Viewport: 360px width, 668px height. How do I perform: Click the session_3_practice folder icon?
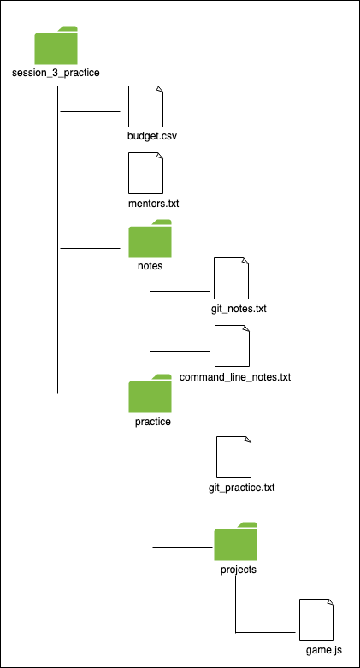pos(56,45)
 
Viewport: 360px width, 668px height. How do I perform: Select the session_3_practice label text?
pos(56,73)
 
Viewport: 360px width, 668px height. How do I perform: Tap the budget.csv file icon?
pos(145,106)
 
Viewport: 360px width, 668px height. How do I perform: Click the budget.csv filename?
pos(152,136)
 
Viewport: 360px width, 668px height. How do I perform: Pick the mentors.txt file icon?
pos(145,173)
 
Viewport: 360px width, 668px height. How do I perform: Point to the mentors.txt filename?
pos(153,204)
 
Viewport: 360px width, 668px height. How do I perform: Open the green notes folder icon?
pos(150,239)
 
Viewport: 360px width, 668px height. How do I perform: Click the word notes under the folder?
pos(150,266)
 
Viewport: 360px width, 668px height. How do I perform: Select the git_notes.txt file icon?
pos(232,278)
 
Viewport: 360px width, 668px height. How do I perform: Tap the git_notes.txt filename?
pos(239,309)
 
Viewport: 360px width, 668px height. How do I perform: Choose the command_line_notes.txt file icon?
pos(232,346)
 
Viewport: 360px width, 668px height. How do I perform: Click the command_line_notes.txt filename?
pos(235,377)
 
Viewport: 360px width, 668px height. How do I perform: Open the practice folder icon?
pos(150,393)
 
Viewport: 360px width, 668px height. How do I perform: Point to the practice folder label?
pos(153,422)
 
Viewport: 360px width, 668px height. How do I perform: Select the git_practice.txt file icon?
pos(233,457)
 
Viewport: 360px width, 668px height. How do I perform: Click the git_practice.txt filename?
pos(241,488)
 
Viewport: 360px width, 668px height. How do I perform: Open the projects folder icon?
pos(236,541)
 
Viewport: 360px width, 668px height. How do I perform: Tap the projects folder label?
pos(239,570)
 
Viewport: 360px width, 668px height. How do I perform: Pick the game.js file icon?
pos(316,619)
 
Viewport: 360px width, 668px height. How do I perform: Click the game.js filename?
pos(324,650)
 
